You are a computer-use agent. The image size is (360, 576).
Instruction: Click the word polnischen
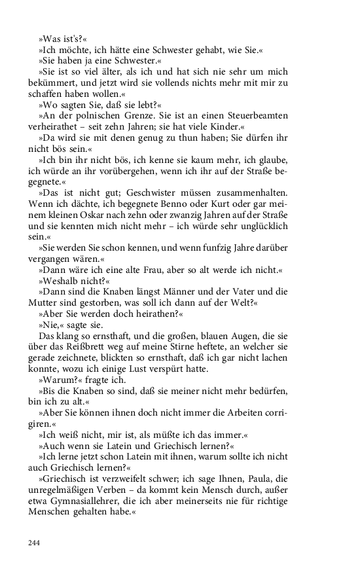pyautogui.click(x=89, y=115)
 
